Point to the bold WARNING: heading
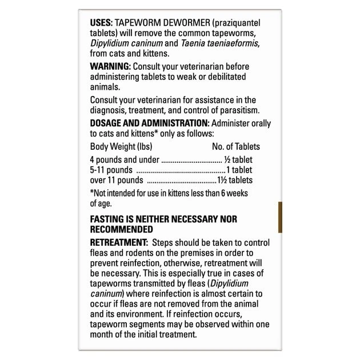(110, 66)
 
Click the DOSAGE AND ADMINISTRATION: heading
(150, 123)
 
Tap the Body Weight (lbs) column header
(121, 147)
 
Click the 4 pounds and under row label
(125, 159)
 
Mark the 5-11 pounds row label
(111, 170)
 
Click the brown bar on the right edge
(280, 217)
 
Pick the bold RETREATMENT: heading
(119, 243)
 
